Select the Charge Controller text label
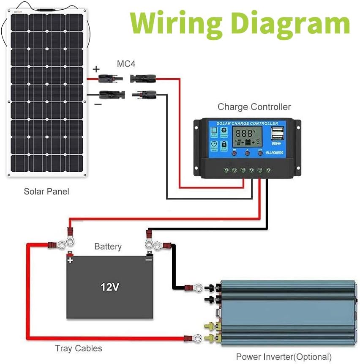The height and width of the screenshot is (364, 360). [x=254, y=107]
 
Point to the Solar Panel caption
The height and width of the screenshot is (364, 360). [x=46, y=192]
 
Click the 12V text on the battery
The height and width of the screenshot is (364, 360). [x=110, y=287]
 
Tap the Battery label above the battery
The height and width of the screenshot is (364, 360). [x=108, y=246]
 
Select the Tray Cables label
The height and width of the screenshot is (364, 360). [x=79, y=348]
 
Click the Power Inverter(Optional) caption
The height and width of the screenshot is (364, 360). [x=284, y=356]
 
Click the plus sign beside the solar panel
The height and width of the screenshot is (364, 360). [x=96, y=69]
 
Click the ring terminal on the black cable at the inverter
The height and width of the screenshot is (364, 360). [x=197, y=288]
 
